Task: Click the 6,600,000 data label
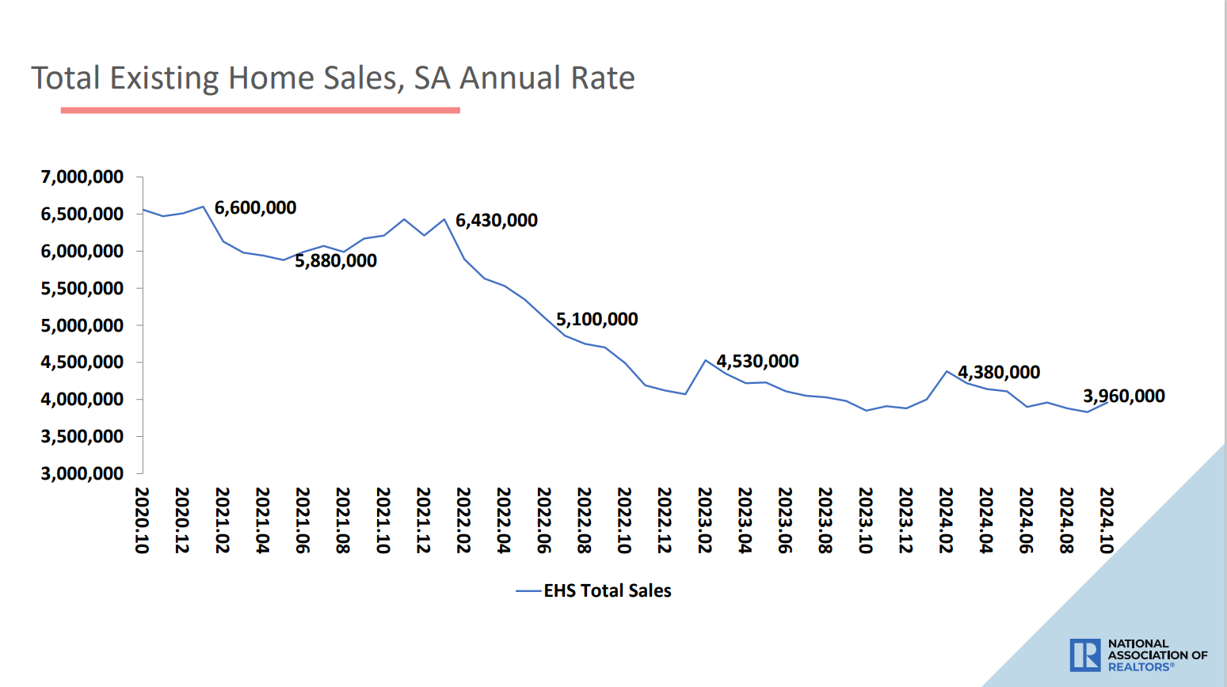255,208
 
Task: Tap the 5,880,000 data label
336,261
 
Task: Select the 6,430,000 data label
496,221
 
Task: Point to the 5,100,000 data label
596,320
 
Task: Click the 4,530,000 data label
757,362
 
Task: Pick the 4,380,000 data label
998,373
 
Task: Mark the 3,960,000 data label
1123,397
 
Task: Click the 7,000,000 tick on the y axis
82,177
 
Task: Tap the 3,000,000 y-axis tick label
82,474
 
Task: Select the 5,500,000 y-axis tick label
82,289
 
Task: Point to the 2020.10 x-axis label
143,520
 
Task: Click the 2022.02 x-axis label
464,520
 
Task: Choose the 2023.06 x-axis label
785,520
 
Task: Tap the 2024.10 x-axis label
1107,520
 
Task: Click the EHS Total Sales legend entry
607,591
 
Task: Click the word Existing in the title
164,78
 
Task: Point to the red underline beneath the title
260,110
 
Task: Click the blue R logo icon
1084,655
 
